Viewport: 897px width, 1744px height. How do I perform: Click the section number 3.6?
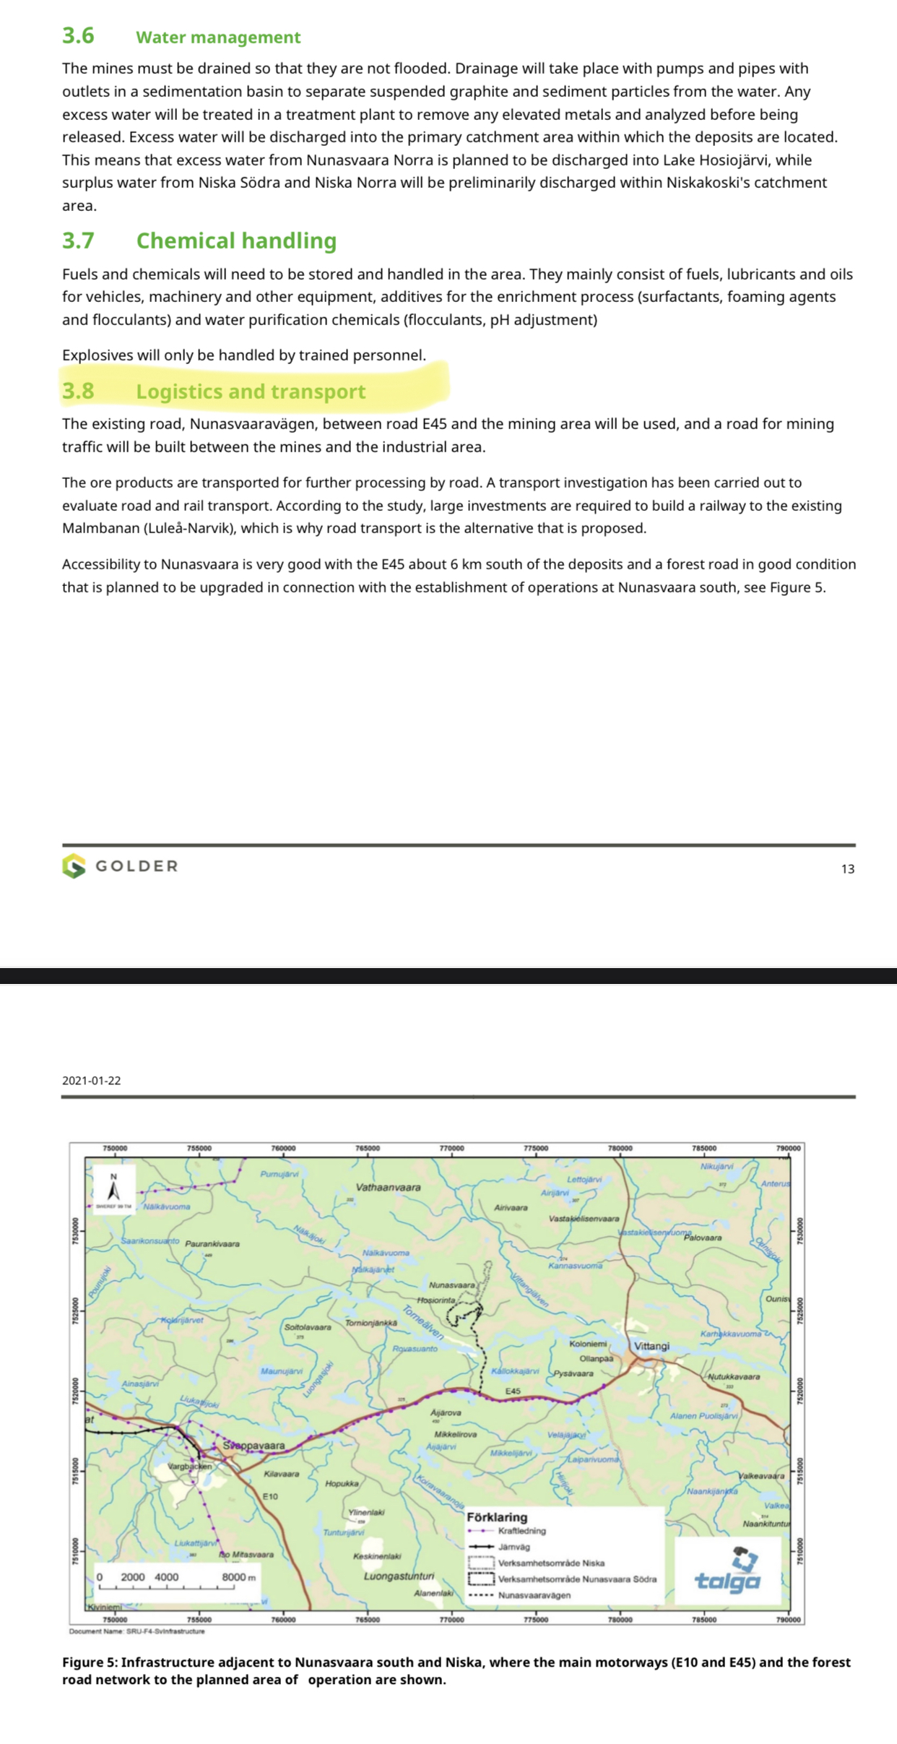[78, 35]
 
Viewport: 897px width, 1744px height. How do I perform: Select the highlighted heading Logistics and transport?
[251, 391]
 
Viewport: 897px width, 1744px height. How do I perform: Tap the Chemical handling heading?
[236, 241]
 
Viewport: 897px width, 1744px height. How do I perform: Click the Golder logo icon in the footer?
[74, 865]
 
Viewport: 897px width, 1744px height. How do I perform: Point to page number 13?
[847, 869]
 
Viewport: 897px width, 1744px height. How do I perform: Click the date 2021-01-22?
[92, 1080]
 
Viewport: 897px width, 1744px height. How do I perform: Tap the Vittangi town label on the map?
[651, 1345]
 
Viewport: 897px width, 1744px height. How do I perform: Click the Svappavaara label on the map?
[253, 1446]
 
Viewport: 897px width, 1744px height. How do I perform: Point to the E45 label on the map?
[513, 1391]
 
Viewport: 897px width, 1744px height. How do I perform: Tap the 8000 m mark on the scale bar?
[238, 1576]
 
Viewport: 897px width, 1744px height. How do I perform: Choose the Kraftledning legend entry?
[521, 1530]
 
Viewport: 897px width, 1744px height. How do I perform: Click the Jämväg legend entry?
[513, 1546]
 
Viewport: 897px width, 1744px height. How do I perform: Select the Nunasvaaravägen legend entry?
[534, 1594]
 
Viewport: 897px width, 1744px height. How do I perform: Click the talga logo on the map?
[728, 1571]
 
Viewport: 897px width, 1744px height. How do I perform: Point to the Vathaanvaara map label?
[388, 1187]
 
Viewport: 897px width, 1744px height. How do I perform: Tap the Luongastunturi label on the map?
[399, 1576]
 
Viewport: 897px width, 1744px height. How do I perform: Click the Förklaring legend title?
[497, 1516]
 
